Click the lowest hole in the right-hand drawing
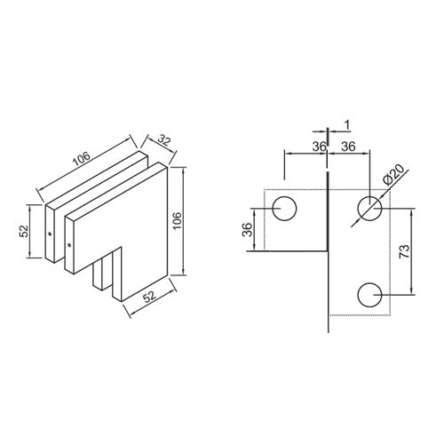(x=370, y=293)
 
